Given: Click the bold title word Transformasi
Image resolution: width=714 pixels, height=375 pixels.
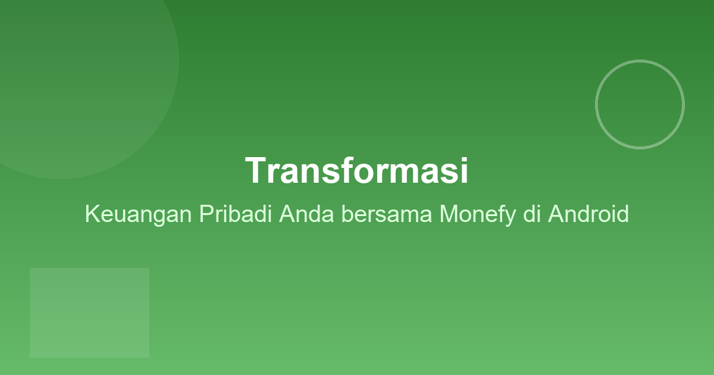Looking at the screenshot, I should [x=357, y=171].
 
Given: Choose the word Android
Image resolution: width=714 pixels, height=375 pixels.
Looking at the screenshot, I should [x=588, y=214].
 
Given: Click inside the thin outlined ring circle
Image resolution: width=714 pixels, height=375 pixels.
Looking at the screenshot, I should [x=640, y=104].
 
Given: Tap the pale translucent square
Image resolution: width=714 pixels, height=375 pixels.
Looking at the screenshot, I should [x=89, y=312].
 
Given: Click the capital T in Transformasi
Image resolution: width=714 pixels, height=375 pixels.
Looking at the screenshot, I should [x=255, y=171].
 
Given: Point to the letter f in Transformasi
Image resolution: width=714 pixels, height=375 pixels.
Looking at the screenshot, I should [x=356, y=171].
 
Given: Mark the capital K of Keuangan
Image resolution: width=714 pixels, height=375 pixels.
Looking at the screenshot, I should [x=92, y=214].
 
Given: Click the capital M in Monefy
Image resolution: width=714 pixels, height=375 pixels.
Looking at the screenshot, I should [x=449, y=214].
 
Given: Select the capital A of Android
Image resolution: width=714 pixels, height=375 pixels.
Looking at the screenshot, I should [x=556, y=214].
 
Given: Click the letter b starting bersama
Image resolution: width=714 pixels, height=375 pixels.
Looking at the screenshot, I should [x=347, y=214].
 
